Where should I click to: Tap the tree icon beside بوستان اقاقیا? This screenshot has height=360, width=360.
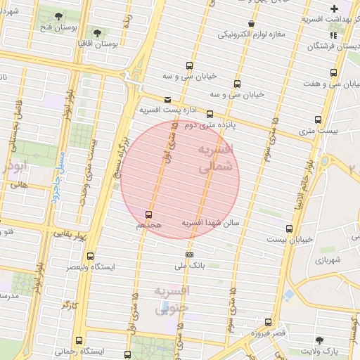(97, 33)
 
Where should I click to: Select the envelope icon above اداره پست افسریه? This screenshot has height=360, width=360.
(167, 100)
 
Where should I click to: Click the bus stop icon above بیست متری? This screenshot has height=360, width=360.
(318, 120)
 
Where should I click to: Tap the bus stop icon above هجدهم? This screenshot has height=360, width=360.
(148, 214)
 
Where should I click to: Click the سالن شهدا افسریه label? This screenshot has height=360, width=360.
(211, 222)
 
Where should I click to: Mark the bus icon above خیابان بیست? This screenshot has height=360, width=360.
(289, 229)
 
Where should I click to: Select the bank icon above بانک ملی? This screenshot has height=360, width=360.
(189, 255)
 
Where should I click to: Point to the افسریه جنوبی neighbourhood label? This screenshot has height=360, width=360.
(172, 299)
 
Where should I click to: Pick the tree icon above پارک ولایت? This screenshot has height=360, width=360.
(319, 340)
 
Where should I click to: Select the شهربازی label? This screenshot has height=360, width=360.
(328, 259)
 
